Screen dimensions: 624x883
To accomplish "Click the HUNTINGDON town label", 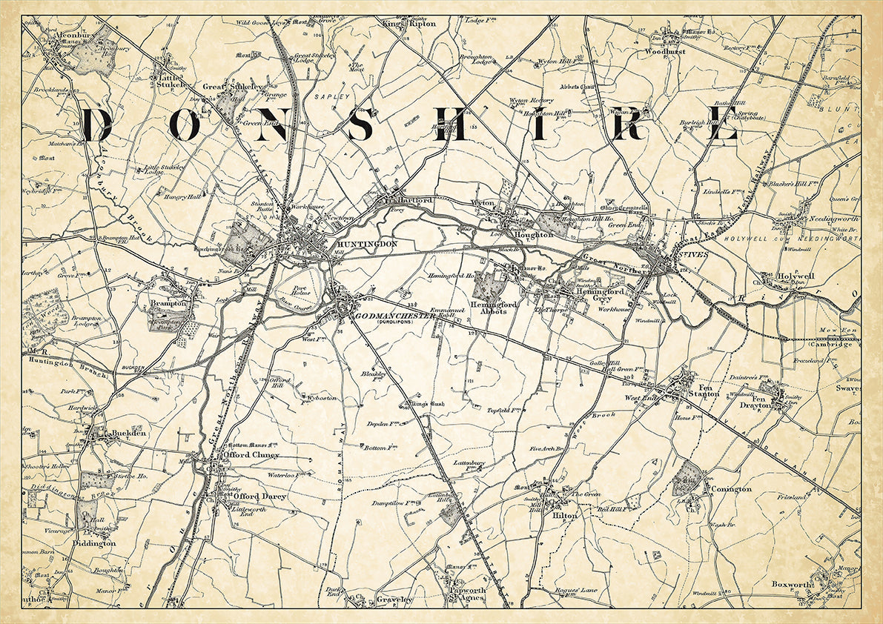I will coord(367,244).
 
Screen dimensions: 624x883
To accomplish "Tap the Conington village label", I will coord(731,489).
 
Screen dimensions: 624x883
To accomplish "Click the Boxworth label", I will coord(793,584).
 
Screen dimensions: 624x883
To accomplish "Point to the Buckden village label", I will coord(128,434).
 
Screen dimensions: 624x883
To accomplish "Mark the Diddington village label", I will coord(93,543).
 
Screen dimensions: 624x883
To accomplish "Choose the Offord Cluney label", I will coord(254,455).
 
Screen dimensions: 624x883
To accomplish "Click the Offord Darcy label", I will coord(259,496).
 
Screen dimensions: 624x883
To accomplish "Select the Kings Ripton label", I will coord(409,24).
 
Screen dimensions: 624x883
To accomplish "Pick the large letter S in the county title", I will coord(362,125).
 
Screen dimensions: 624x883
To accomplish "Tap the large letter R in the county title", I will coord(628,125).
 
